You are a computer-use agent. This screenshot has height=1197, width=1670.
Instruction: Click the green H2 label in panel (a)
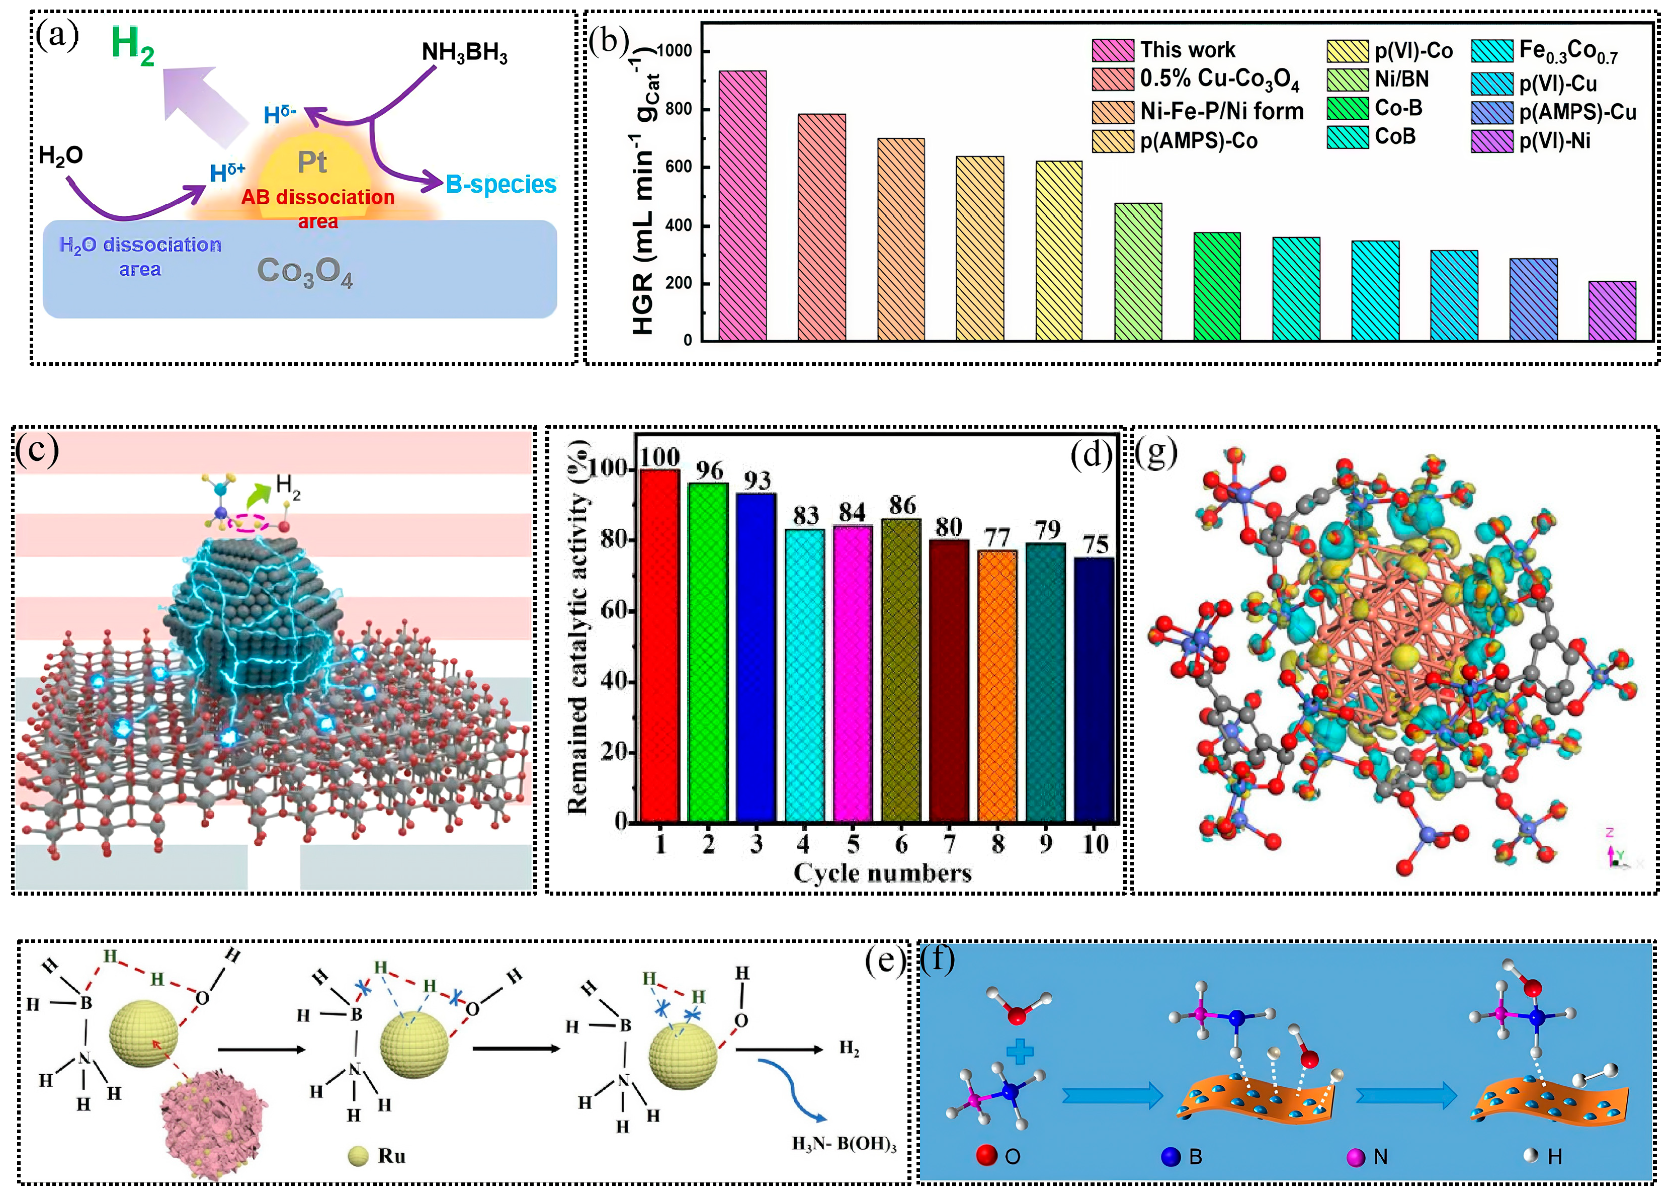click(x=132, y=46)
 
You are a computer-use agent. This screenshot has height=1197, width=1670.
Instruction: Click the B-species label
click(x=500, y=184)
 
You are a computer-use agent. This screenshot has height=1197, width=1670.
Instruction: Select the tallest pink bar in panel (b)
click(x=742, y=206)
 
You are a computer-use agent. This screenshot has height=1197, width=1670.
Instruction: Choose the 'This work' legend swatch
click(x=1113, y=50)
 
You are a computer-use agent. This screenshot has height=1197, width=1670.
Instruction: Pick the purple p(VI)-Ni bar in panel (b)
click(x=1612, y=311)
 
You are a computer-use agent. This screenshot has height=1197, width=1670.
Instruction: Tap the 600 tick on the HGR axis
click(x=678, y=167)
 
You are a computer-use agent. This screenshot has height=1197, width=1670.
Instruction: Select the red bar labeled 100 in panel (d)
click(x=660, y=645)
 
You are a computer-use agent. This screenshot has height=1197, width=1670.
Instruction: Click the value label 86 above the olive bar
click(x=902, y=505)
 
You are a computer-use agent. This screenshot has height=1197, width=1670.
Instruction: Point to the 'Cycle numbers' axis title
click(x=882, y=873)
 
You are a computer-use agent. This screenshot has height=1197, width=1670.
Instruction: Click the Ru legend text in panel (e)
click(x=391, y=1156)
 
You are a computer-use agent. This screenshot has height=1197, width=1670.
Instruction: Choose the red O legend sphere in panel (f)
click(x=987, y=1155)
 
